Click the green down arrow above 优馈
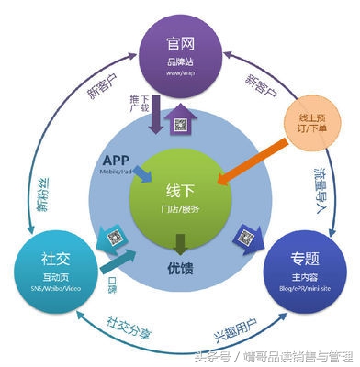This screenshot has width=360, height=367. tap(181, 243)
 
